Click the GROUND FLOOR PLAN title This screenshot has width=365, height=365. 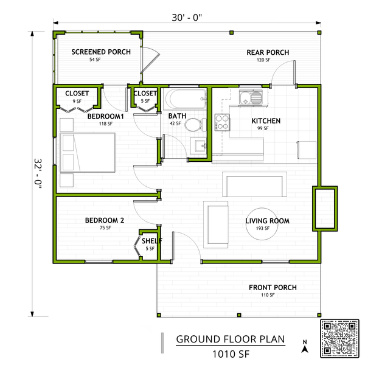click(231, 339)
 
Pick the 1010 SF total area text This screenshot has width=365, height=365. click(231, 353)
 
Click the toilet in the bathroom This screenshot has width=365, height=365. click(193, 125)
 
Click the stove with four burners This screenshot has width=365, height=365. click(221, 122)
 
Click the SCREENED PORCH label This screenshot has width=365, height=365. click(101, 52)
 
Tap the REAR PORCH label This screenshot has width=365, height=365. click(268, 52)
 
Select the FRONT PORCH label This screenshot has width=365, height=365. click(273, 288)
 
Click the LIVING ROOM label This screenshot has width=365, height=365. click(267, 221)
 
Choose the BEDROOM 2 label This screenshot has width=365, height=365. click(105, 221)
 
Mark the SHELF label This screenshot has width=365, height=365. click(151, 241)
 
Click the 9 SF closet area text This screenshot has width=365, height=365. click(77, 101)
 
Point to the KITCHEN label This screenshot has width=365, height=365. click(266, 121)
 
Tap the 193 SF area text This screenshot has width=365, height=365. click(267, 228)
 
